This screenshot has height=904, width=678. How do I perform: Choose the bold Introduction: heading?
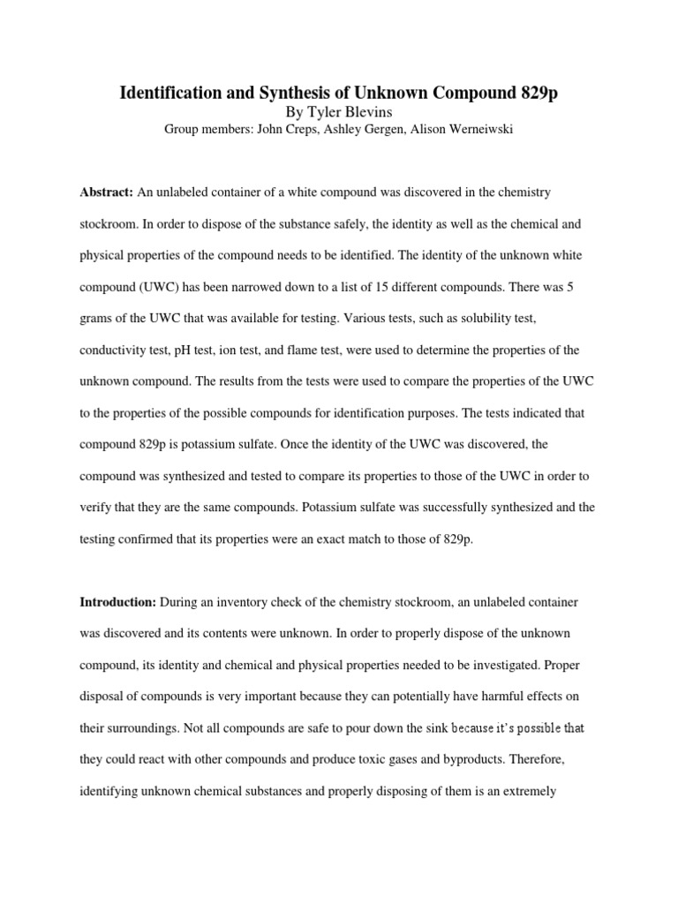pos(118,601)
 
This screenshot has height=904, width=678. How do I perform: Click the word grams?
pos(97,319)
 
